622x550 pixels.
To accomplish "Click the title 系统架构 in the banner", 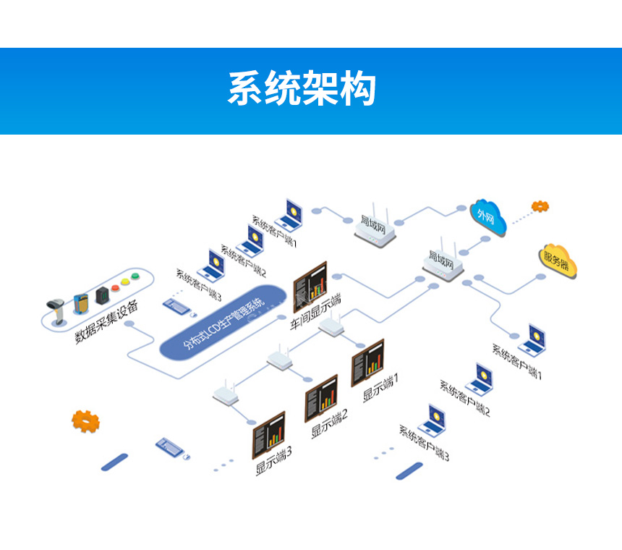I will [302, 89].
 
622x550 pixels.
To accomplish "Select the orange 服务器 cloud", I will [555, 258].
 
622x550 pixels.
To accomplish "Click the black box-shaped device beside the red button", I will [103, 295].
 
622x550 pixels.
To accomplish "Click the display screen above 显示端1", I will [367, 362].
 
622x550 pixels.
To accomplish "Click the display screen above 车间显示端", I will [310, 285].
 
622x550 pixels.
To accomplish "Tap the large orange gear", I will [85, 420].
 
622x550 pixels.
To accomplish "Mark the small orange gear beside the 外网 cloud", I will [540, 206].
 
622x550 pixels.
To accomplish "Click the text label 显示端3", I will [274, 461].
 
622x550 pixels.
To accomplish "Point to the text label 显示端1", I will [381, 387].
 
